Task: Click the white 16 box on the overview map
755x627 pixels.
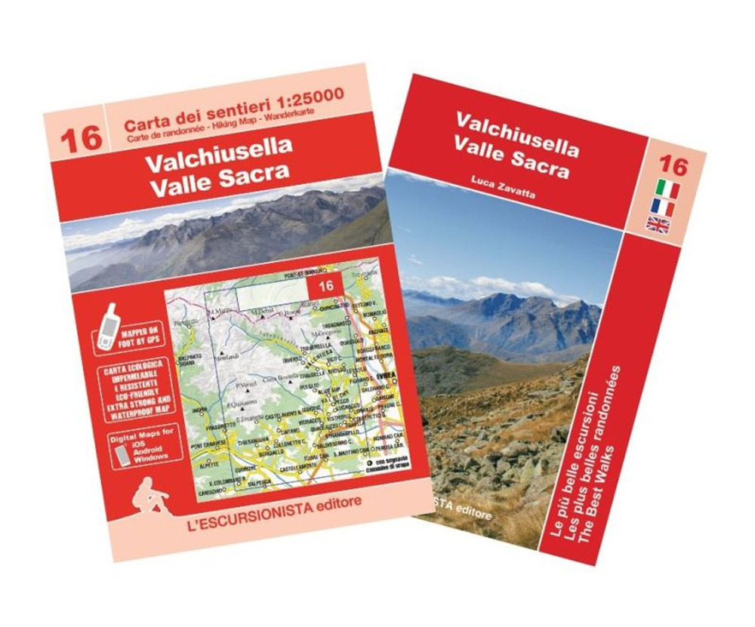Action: [x=326, y=285]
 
